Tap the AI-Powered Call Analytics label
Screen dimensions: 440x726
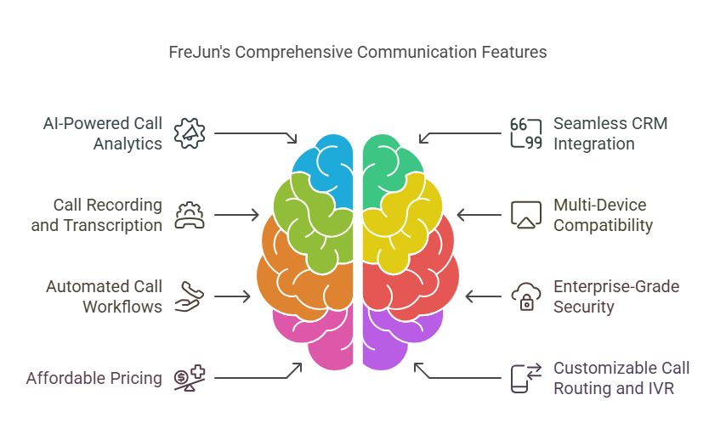[x=103, y=133]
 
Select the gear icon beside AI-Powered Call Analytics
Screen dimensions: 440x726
[x=190, y=133]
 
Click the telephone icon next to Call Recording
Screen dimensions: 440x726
[x=190, y=215]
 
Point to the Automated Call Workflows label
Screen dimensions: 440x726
[x=104, y=296]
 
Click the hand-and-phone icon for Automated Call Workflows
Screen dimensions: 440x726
[x=190, y=296]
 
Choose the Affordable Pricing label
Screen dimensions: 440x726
[x=94, y=378]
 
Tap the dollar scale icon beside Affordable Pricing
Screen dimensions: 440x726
[x=190, y=378]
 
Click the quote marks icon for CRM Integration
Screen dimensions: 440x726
[x=526, y=133]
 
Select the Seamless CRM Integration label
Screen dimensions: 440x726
[x=610, y=133]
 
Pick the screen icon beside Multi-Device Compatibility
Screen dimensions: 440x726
[x=526, y=215]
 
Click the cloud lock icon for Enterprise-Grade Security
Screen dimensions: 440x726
[x=526, y=296]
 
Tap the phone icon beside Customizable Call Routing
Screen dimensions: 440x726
[x=526, y=378]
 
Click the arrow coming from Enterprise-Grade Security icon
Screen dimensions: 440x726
[x=483, y=296]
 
